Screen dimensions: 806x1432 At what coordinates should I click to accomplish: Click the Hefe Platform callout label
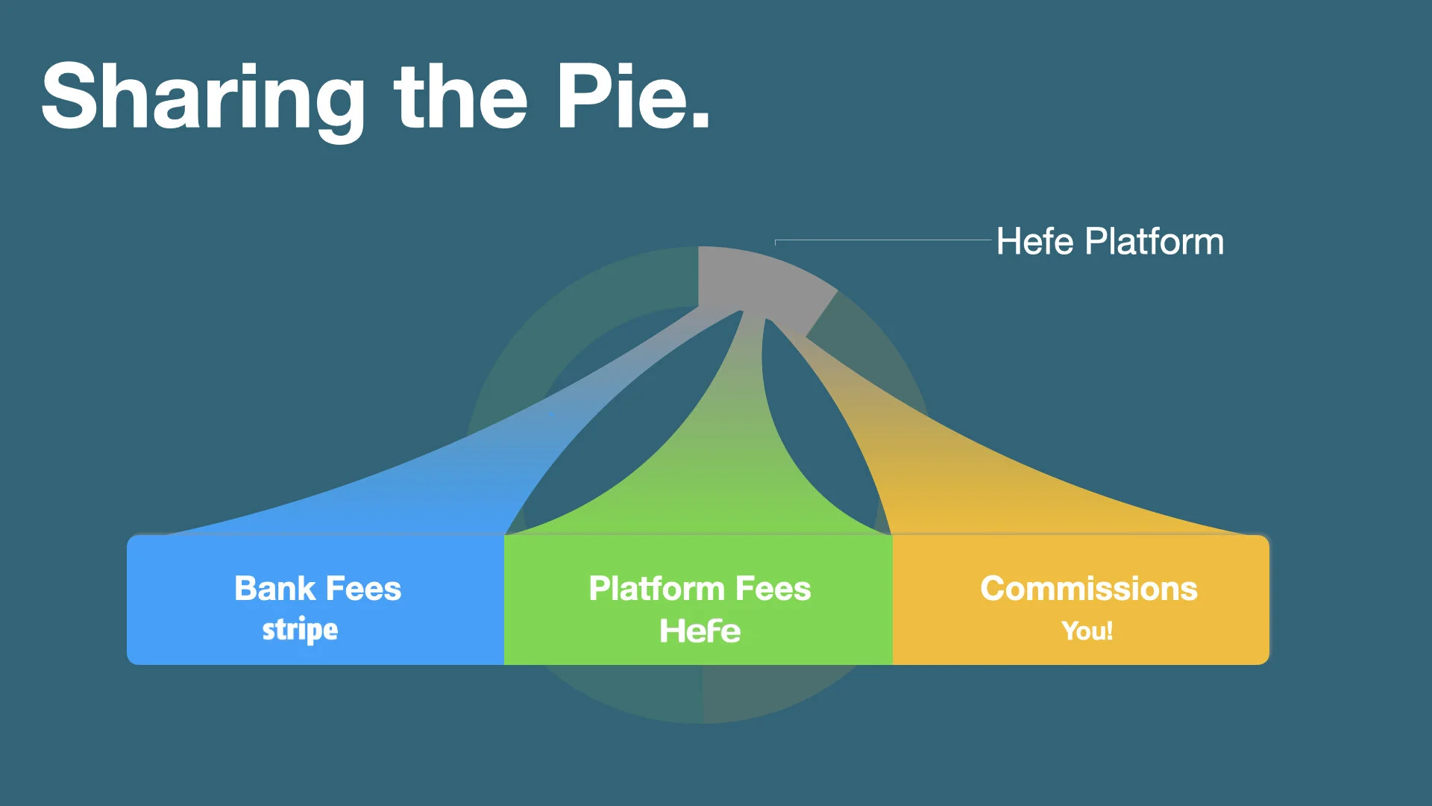click(1110, 242)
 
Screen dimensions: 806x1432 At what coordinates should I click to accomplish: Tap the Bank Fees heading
click(318, 588)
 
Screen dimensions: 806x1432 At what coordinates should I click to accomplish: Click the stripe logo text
click(300, 630)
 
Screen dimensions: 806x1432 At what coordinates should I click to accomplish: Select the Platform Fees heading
click(700, 588)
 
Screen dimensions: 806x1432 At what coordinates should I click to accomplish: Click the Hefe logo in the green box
click(700, 631)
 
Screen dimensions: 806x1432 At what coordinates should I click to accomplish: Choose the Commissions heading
click(1088, 588)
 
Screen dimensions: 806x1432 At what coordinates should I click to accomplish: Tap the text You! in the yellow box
click(1087, 631)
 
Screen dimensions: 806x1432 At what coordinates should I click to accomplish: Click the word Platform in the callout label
click(1154, 242)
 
